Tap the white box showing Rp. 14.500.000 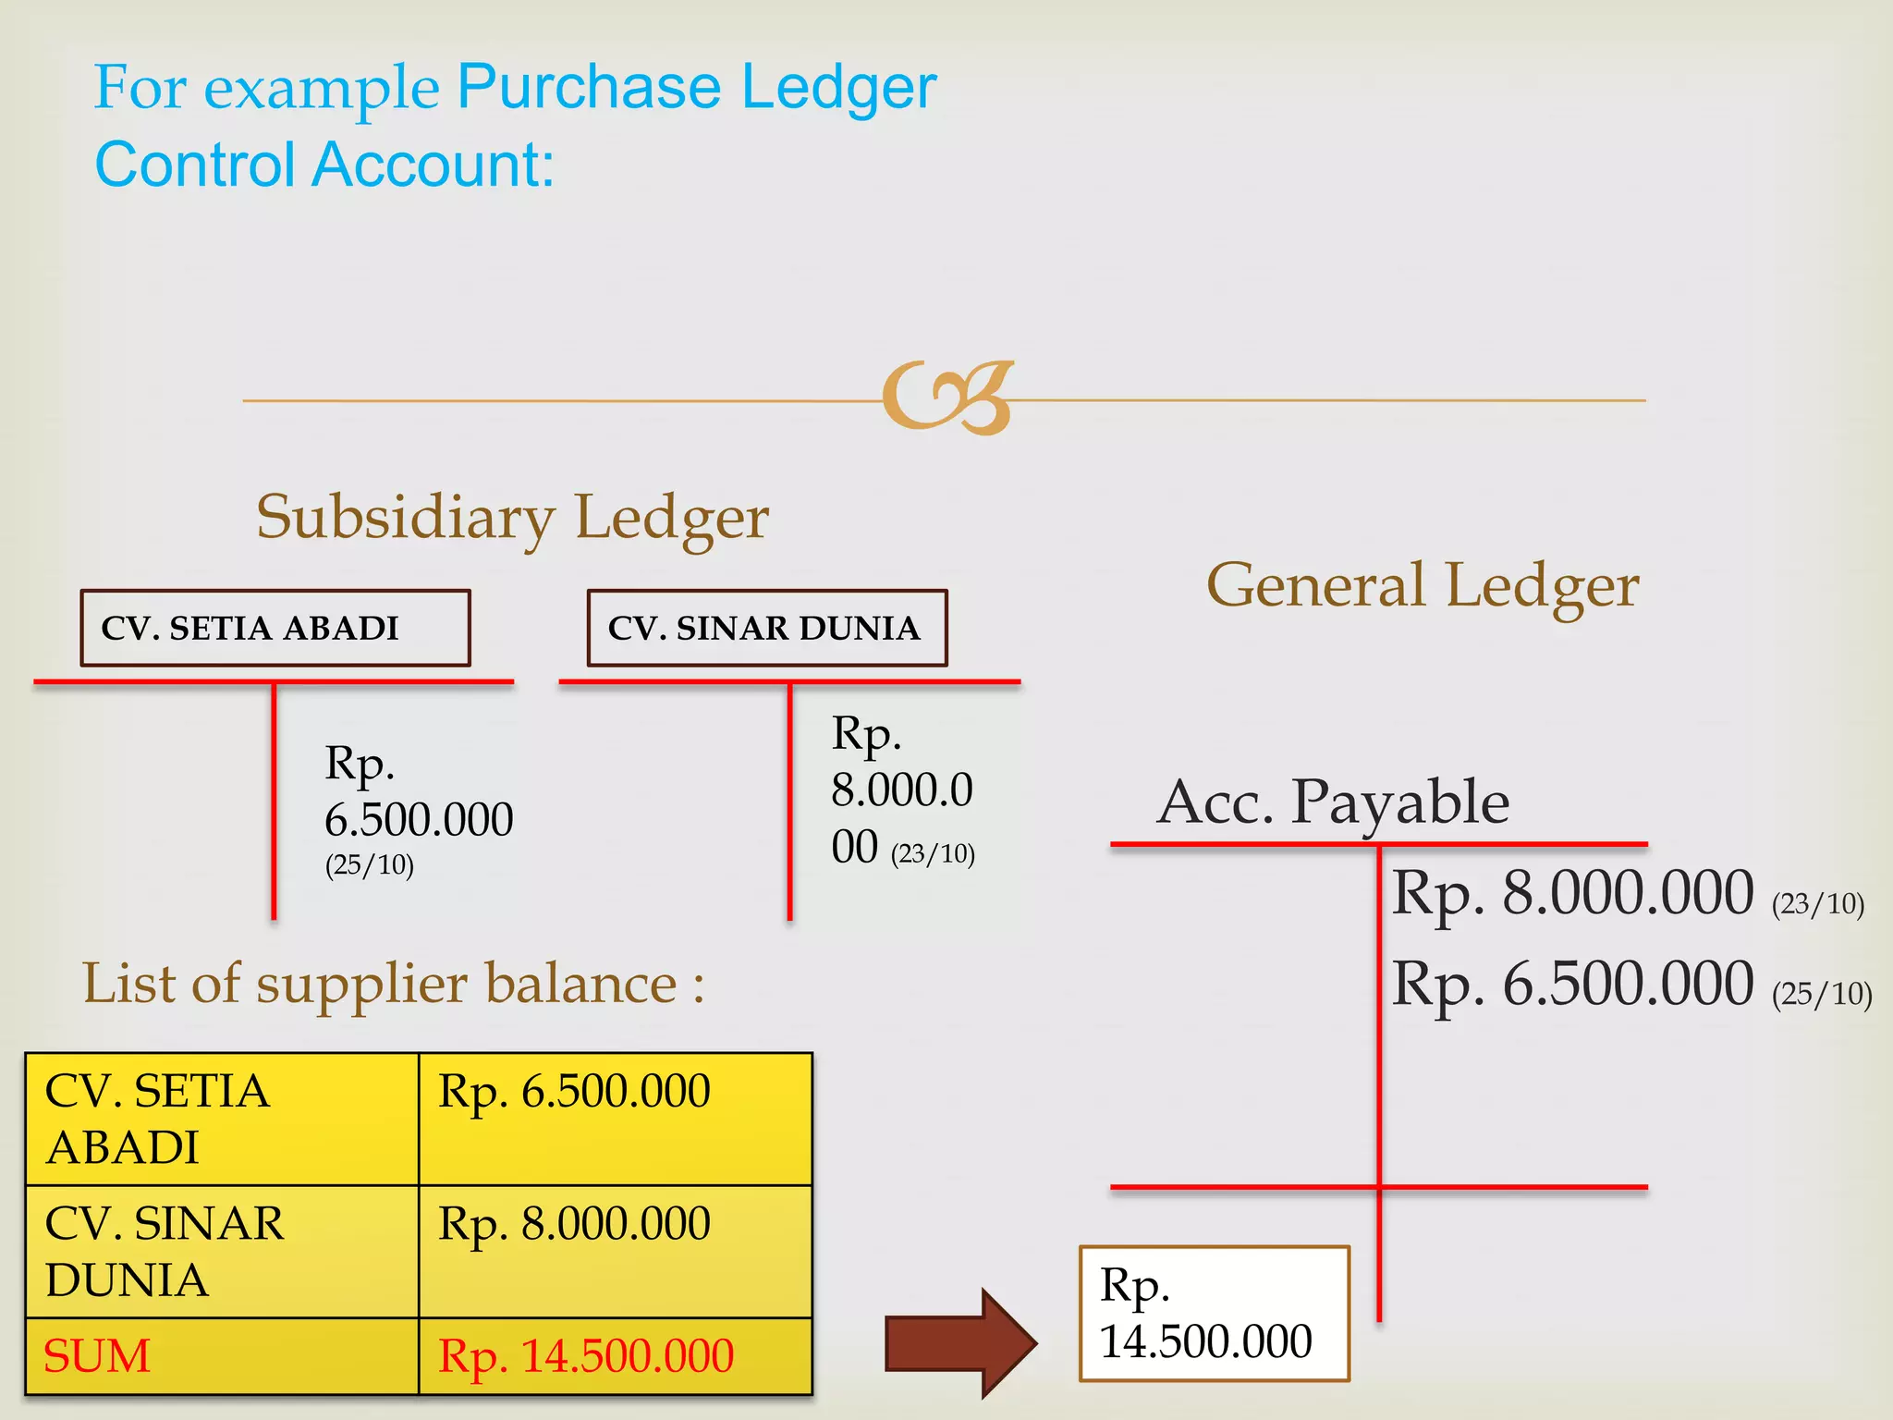(x=1214, y=1314)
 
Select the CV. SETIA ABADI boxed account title (x=275, y=628)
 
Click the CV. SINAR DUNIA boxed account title (x=766, y=628)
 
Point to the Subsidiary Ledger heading (x=512, y=517)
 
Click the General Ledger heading (x=1423, y=586)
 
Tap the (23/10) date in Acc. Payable (x=1817, y=903)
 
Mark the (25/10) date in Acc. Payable (x=1821, y=994)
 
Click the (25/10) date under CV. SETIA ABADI (x=369, y=865)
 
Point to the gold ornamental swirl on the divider (x=947, y=398)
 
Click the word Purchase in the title (x=589, y=87)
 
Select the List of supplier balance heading (x=393, y=983)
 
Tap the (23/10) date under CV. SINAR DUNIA (x=933, y=853)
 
